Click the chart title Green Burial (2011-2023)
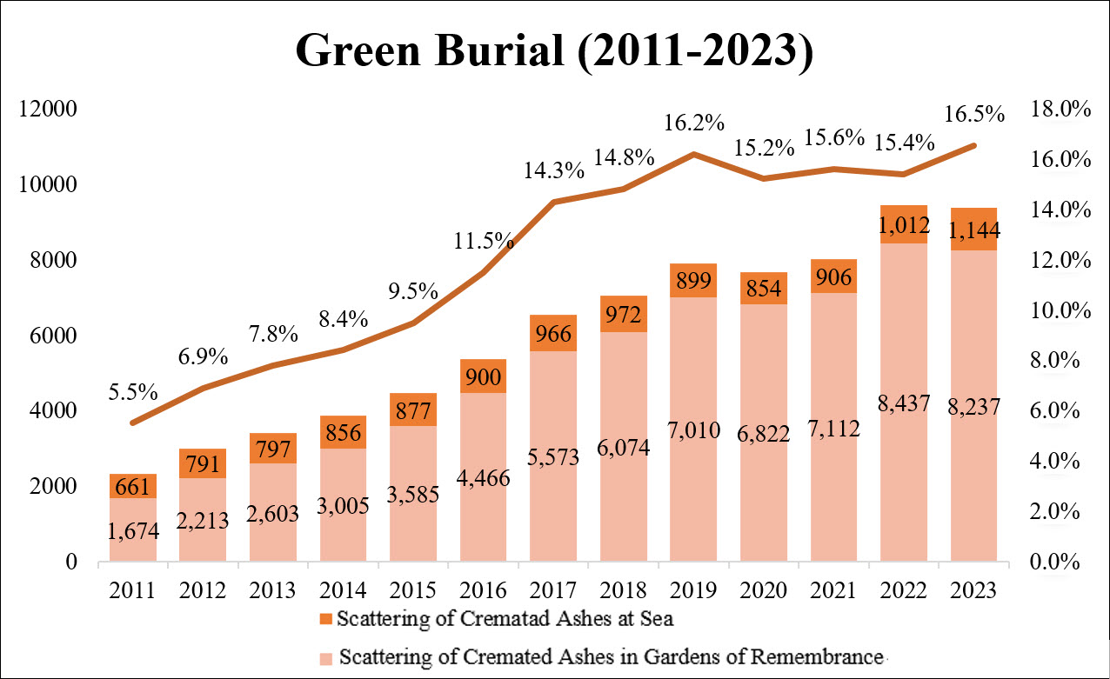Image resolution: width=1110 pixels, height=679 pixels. tap(554, 51)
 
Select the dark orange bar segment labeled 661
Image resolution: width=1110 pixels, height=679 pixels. tap(133, 486)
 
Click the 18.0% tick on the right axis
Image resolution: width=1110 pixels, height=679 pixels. tap(1059, 110)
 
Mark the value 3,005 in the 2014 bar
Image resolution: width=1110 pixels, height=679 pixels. tap(344, 505)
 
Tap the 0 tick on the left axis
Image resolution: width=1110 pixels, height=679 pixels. tap(70, 562)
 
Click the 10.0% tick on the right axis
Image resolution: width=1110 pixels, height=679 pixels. tap(1059, 310)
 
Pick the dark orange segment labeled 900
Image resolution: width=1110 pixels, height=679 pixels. tap(484, 376)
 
